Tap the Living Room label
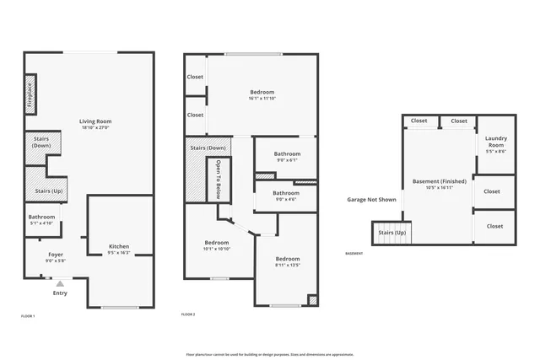tap(95, 121)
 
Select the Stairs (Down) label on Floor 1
tap(40, 142)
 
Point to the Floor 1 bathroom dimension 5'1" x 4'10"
tap(41, 223)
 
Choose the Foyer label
tap(55, 254)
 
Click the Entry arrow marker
tap(60, 284)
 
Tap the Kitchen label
tap(119, 246)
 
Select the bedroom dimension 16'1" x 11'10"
tap(262, 99)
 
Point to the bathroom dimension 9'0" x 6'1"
tap(287, 160)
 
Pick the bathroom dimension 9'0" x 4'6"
tap(287, 199)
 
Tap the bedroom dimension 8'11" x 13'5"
tap(287, 265)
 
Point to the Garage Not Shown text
tap(371, 200)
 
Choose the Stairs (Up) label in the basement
tap(391, 232)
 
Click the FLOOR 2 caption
tap(188, 314)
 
